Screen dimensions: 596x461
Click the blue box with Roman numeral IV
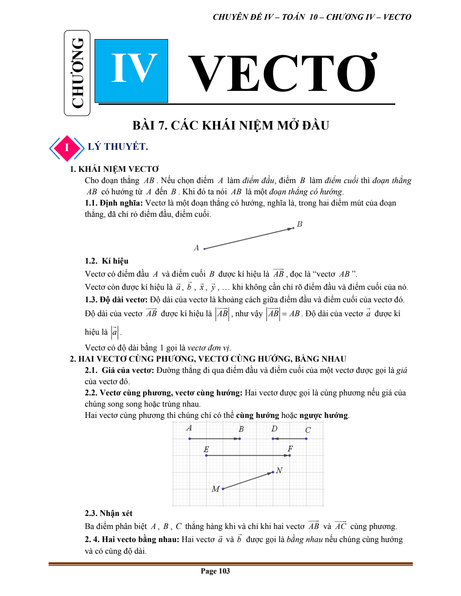[131, 71]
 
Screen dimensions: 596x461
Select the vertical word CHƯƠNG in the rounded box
[77, 73]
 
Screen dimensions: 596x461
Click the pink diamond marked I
[67, 148]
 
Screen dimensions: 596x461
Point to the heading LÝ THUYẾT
[118, 147]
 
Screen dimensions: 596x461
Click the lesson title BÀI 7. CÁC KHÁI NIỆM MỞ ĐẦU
[230, 125]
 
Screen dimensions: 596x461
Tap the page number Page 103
[215, 571]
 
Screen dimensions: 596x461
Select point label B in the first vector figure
[300, 224]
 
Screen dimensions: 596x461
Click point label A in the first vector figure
[196, 248]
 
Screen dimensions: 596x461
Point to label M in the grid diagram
[215, 489]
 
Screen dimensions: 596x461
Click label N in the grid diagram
[279, 471]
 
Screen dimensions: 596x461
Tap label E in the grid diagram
[206, 449]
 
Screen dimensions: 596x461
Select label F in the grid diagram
[290, 448]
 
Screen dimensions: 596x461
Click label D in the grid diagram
[274, 429]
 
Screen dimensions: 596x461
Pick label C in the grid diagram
[308, 430]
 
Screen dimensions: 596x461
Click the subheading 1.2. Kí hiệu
[107, 261]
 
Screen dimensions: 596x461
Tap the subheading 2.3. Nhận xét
[108, 513]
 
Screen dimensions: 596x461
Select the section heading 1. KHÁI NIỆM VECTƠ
[114, 169]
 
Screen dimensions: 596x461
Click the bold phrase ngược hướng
[324, 415]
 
